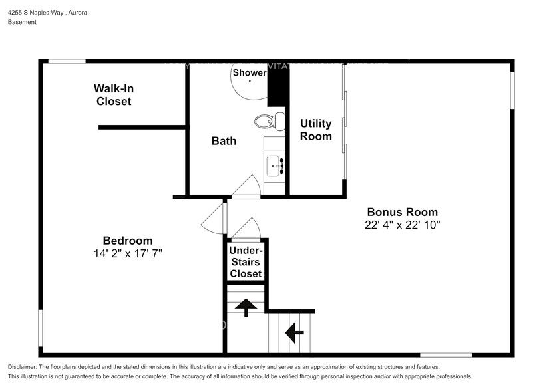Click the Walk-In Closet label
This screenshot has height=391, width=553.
click(x=113, y=95)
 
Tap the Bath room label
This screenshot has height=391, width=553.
click(x=224, y=141)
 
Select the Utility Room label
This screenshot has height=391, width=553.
click(x=315, y=130)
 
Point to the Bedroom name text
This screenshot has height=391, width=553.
click(x=127, y=241)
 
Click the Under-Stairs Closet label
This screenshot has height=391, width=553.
click(x=246, y=262)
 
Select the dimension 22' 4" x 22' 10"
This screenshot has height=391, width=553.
click(x=402, y=225)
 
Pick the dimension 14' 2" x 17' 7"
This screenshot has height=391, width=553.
click(x=128, y=253)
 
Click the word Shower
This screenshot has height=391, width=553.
click(x=249, y=73)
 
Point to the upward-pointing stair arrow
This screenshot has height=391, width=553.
click(x=246, y=307)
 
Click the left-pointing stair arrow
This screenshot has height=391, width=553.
click(x=293, y=330)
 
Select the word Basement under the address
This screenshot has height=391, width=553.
click(x=22, y=22)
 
